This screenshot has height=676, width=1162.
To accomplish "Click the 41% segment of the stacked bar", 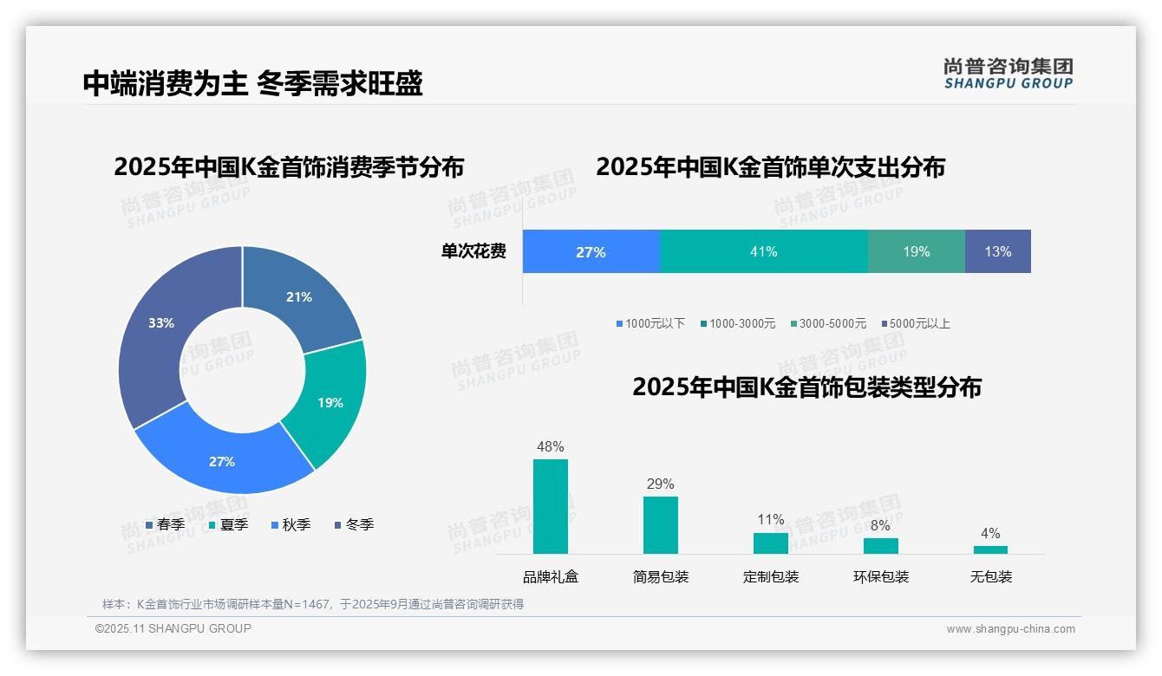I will tap(764, 251).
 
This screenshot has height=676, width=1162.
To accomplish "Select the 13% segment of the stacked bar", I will tap(997, 251).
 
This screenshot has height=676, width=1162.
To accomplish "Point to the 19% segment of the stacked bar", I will tap(916, 251).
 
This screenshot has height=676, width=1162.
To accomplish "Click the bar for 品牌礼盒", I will tap(551, 506).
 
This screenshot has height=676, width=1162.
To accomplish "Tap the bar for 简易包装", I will tap(661, 524).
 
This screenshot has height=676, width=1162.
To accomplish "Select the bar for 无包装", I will tap(990, 549).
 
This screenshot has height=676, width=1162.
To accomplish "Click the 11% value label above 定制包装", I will tap(771, 520).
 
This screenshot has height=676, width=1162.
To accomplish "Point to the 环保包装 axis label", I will tap(881, 577).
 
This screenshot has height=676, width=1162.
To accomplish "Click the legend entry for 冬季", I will tap(354, 524).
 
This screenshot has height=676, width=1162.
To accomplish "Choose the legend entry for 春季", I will tap(165, 524).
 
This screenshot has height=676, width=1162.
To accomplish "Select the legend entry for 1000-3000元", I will tap(738, 323).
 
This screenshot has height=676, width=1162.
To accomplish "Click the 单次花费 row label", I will tap(473, 251).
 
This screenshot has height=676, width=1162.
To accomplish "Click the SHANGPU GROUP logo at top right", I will tap(1009, 74).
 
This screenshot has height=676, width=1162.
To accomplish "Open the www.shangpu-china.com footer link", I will tap(1010, 629).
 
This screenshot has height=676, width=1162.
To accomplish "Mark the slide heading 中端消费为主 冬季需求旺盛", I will tap(252, 83).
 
